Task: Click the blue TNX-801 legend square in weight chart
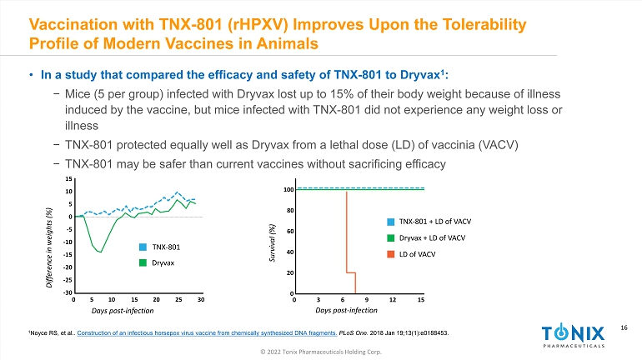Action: pos(143,247)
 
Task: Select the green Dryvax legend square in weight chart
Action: pos(143,263)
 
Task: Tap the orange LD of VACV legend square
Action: pos(390,254)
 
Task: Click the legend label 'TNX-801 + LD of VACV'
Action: pos(434,222)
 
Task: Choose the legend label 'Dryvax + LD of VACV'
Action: pos(433,238)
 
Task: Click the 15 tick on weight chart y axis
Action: pos(68,179)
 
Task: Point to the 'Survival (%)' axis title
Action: pos(272,242)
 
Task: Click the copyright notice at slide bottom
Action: pos(320,352)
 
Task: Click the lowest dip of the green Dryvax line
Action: pos(102,252)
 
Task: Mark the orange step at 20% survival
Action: pos(351,272)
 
